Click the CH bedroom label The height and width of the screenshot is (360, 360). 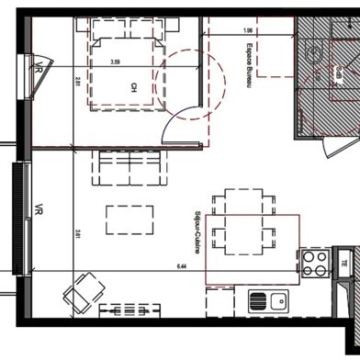point(134,88)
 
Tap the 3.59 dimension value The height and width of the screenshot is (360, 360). point(115,62)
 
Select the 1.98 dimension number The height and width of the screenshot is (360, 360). point(247,30)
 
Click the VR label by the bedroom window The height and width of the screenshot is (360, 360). point(39,67)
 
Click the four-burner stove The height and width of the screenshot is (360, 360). point(315,264)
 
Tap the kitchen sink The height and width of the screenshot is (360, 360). point(269,299)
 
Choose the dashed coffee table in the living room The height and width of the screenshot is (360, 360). point(130,219)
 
